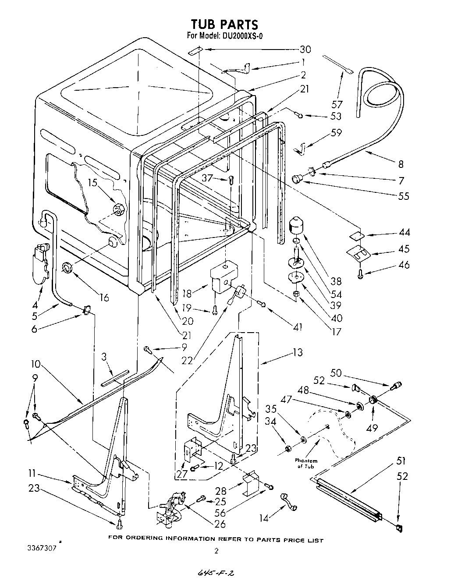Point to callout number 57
337,104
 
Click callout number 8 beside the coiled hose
400,165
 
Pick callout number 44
404,233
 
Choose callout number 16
104,298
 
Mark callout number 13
297,352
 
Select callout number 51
401,461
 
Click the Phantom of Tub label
306,464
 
